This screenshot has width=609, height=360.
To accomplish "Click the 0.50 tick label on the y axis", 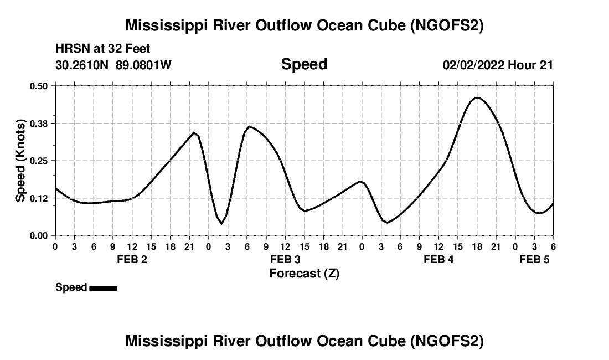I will click(39, 86).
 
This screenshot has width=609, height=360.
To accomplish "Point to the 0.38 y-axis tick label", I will click(39, 124).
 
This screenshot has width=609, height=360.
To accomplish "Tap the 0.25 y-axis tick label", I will click(39, 161).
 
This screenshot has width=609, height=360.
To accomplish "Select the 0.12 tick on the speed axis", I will click(39, 198).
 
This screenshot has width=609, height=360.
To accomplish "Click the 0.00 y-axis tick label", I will click(39, 235).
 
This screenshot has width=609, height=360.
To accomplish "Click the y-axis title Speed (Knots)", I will click(20, 161).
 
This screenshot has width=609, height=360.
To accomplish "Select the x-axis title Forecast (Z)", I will click(304, 273).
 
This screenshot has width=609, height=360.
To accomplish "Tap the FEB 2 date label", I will click(132, 260).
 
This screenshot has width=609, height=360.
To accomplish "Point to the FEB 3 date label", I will click(285, 260).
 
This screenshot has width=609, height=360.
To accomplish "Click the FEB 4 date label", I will click(438, 260).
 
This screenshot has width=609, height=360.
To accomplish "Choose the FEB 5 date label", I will click(534, 260).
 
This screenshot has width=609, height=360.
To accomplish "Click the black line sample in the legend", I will click(103, 288).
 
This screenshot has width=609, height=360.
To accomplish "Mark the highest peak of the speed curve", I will click(477, 98).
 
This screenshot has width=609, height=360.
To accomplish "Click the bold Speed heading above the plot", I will click(304, 64).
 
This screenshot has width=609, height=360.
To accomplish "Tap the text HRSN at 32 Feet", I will click(102, 49).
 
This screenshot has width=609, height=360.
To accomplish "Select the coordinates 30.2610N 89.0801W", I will click(113, 65).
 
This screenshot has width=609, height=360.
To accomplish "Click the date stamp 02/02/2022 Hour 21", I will click(498, 65).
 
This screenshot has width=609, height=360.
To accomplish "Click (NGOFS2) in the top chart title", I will click(446, 25).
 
